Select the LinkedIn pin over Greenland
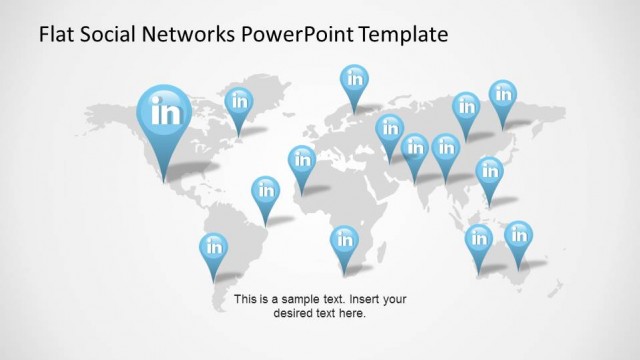coord(238,100)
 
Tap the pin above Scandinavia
coord(353,78)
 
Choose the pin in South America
coord(214,247)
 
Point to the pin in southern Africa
coord(344,240)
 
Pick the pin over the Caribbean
coord(265,190)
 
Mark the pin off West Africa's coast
coord(301,160)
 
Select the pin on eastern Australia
coord(518,236)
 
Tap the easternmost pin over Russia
coord(502,95)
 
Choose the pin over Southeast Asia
coord(489,170)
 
